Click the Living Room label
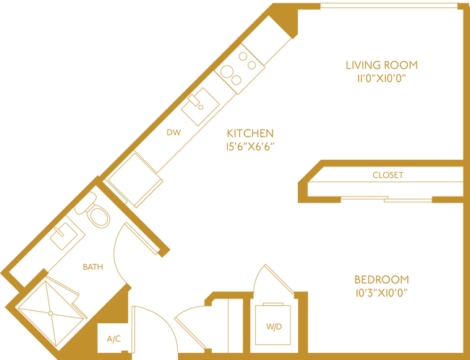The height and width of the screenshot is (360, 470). pos(383,65)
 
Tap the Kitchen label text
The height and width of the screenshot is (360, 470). pos(250,133)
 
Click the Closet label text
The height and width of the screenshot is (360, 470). pos(387,174)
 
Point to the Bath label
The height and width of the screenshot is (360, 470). pos(93,267)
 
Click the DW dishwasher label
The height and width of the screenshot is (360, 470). pos(174,132)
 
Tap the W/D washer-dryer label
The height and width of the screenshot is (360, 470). pos(273,327)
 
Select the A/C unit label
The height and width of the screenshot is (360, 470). pos(113,338)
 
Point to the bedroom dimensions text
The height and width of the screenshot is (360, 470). pos(382,293)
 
